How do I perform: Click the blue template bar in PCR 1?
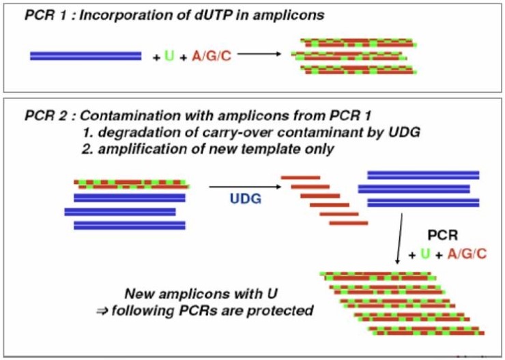pyautogui.click(x=85, y=56)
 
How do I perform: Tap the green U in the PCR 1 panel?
pyautogui.click(x=169, y=56)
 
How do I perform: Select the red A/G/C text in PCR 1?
pyautogui.click(x=212, y=56)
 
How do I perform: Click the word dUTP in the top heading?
pyautogui.click(x=169, y=14)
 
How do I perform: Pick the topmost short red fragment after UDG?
pyautogui.click(x=300, y=177)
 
